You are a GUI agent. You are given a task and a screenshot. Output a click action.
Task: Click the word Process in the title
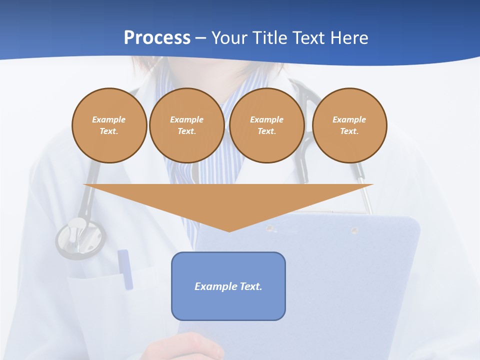[x=157, y=38]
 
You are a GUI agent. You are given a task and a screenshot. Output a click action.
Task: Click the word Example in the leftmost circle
[x=109, y=119]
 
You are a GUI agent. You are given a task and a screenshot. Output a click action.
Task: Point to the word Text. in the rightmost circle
[x=349, y=131]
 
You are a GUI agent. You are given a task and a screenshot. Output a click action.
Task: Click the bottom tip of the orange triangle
[x=229, y=230]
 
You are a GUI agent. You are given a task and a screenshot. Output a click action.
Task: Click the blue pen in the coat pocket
[x=125, y=268]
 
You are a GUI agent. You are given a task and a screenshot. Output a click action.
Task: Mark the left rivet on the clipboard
[x=270, y=228]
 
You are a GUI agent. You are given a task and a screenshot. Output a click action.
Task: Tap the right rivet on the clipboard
[x=354, y=230]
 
